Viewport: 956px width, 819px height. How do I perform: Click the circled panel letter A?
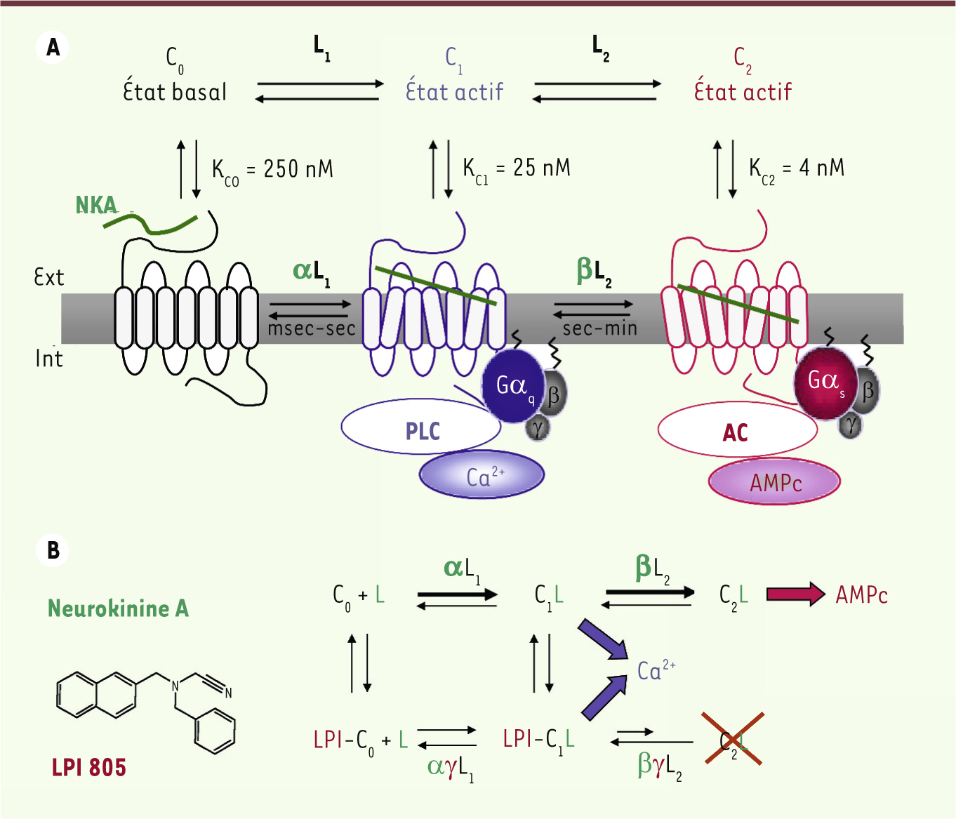coord(53,47)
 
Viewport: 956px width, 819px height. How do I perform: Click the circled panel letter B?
coord(53,550)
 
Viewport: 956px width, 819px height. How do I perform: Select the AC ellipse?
coord(737,430)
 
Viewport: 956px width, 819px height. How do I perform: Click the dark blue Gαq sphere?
coord(513,386)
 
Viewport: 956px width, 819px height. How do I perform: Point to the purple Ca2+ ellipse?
coord(482,474)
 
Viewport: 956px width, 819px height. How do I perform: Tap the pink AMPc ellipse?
coord(775,481)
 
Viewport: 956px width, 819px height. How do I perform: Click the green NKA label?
coord(96,206)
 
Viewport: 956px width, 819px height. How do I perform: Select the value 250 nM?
coord(298,168)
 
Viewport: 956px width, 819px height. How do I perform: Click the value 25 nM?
coord(542,168)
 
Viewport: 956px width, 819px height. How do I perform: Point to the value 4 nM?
coord(822,168)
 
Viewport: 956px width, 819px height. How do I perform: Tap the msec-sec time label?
coord(312,328)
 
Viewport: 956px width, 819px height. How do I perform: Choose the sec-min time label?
coord(600,328)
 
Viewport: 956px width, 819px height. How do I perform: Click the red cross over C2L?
coord(733,738)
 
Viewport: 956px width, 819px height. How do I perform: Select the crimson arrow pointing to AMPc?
coord(796,594)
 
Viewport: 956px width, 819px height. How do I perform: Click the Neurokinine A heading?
coord(119,608)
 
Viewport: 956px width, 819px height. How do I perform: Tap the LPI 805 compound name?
coord(89,767)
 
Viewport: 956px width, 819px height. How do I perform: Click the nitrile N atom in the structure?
coord(229,692)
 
